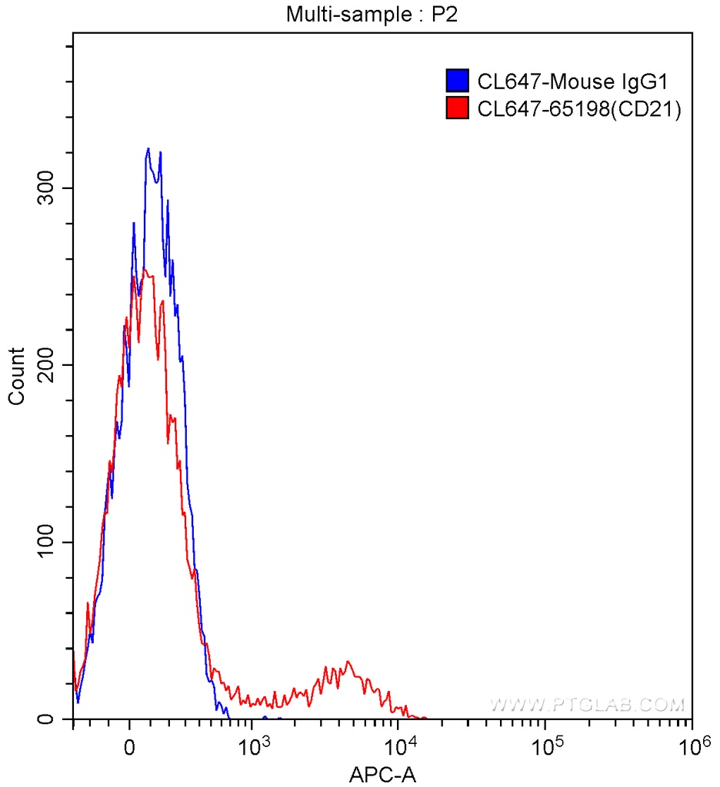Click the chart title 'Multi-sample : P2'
coord(359,13)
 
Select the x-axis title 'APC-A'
coord(383,774)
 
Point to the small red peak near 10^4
coord(348,662)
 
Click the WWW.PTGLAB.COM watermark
coord(586,705)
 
